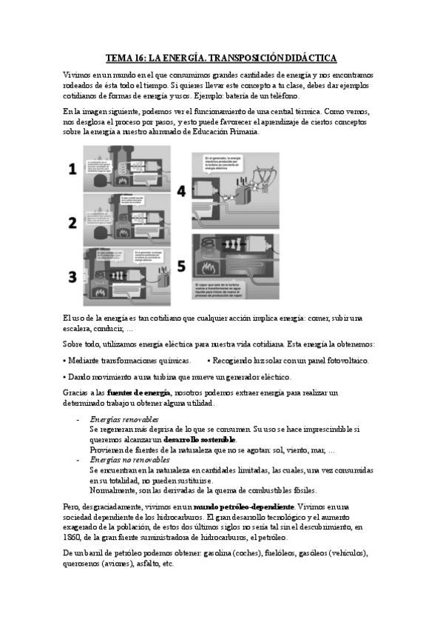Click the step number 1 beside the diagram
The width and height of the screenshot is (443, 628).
click(x=72, y=170)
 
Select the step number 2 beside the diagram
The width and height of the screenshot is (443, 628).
click(x=72, y=223)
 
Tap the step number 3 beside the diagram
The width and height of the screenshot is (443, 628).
click(x=72, y=277)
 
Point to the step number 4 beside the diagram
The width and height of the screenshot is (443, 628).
click(x=182, y=191)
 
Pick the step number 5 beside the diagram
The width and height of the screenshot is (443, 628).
click(x=182, y=265)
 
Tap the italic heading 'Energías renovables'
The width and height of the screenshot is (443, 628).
click(x=124, y=419)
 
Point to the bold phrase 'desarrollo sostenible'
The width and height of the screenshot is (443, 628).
click(x=195, y=439)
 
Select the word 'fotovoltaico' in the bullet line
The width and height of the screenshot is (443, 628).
click(x=345, y=361)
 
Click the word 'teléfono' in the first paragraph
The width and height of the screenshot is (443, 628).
click(x=283, y=96)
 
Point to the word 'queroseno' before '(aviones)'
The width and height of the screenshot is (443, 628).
click(x=84, y=564)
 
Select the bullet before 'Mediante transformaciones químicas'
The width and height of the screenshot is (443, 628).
click(x=65, y=361)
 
